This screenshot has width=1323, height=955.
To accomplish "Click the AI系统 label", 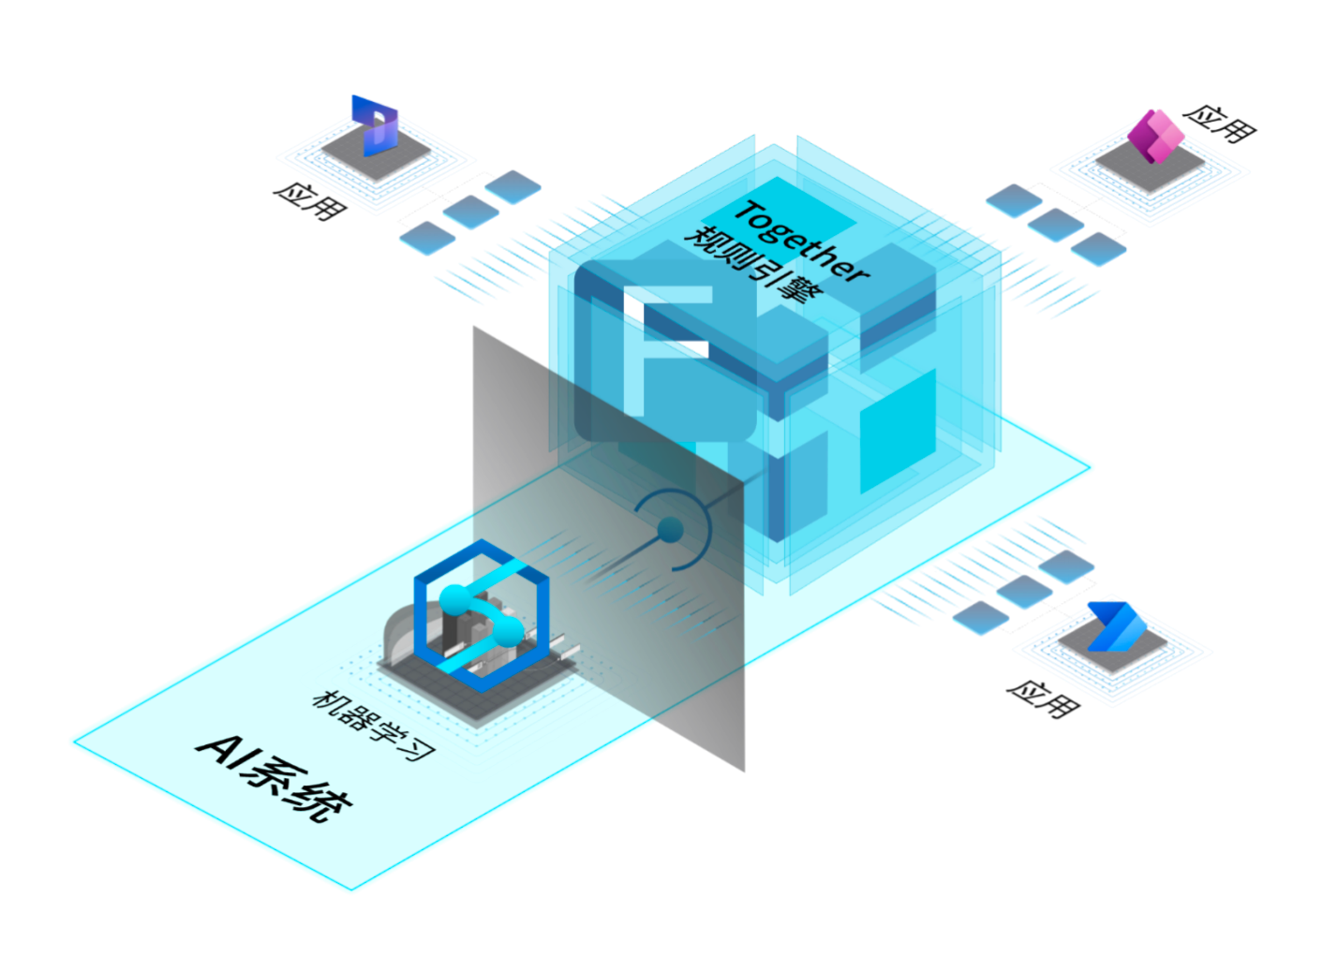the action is coord(275,776).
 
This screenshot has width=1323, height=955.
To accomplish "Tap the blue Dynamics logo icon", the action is coord(376,125).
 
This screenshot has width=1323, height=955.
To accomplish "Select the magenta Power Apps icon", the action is coord(1154,136).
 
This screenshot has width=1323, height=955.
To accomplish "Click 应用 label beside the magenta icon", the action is coord(1219,123).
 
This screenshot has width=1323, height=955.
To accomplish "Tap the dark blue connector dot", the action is coord(670,531).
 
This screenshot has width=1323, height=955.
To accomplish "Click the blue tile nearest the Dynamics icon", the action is coord(513,187).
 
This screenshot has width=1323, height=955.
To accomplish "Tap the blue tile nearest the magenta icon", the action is coord(1098,249).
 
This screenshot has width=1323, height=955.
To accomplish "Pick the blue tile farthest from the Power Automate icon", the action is coord(980,617).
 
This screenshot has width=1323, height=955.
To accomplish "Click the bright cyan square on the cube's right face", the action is coord(898,430).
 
